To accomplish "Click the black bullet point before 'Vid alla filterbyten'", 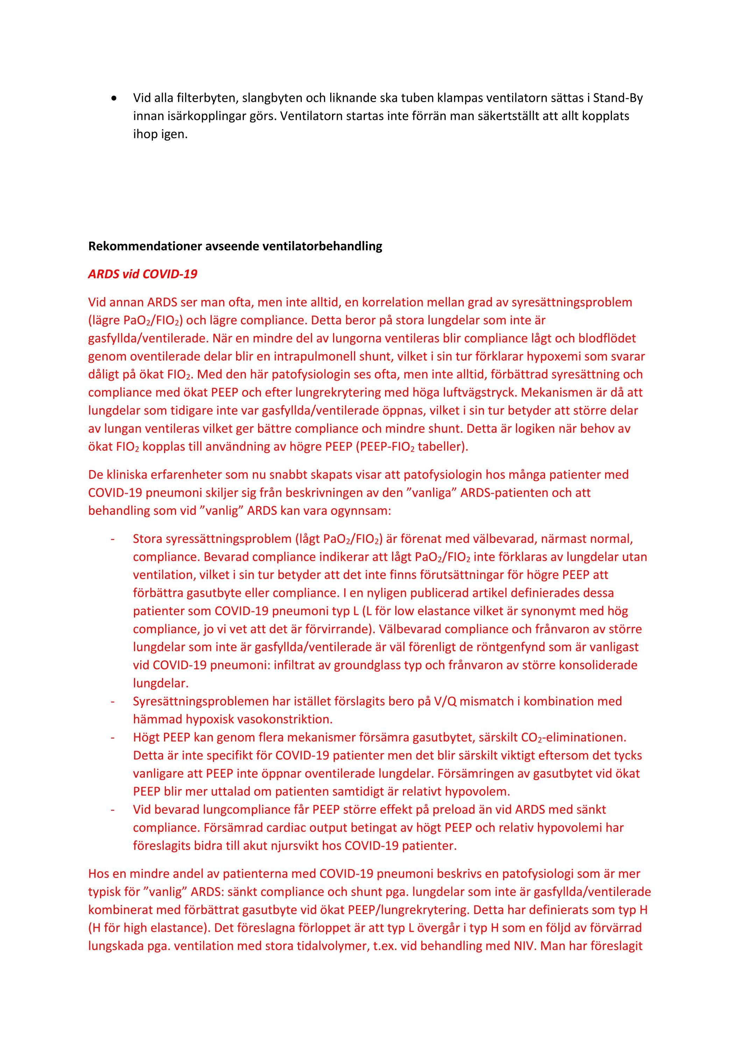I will coord(114,99).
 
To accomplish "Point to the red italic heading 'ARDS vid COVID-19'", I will coord(142,274).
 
